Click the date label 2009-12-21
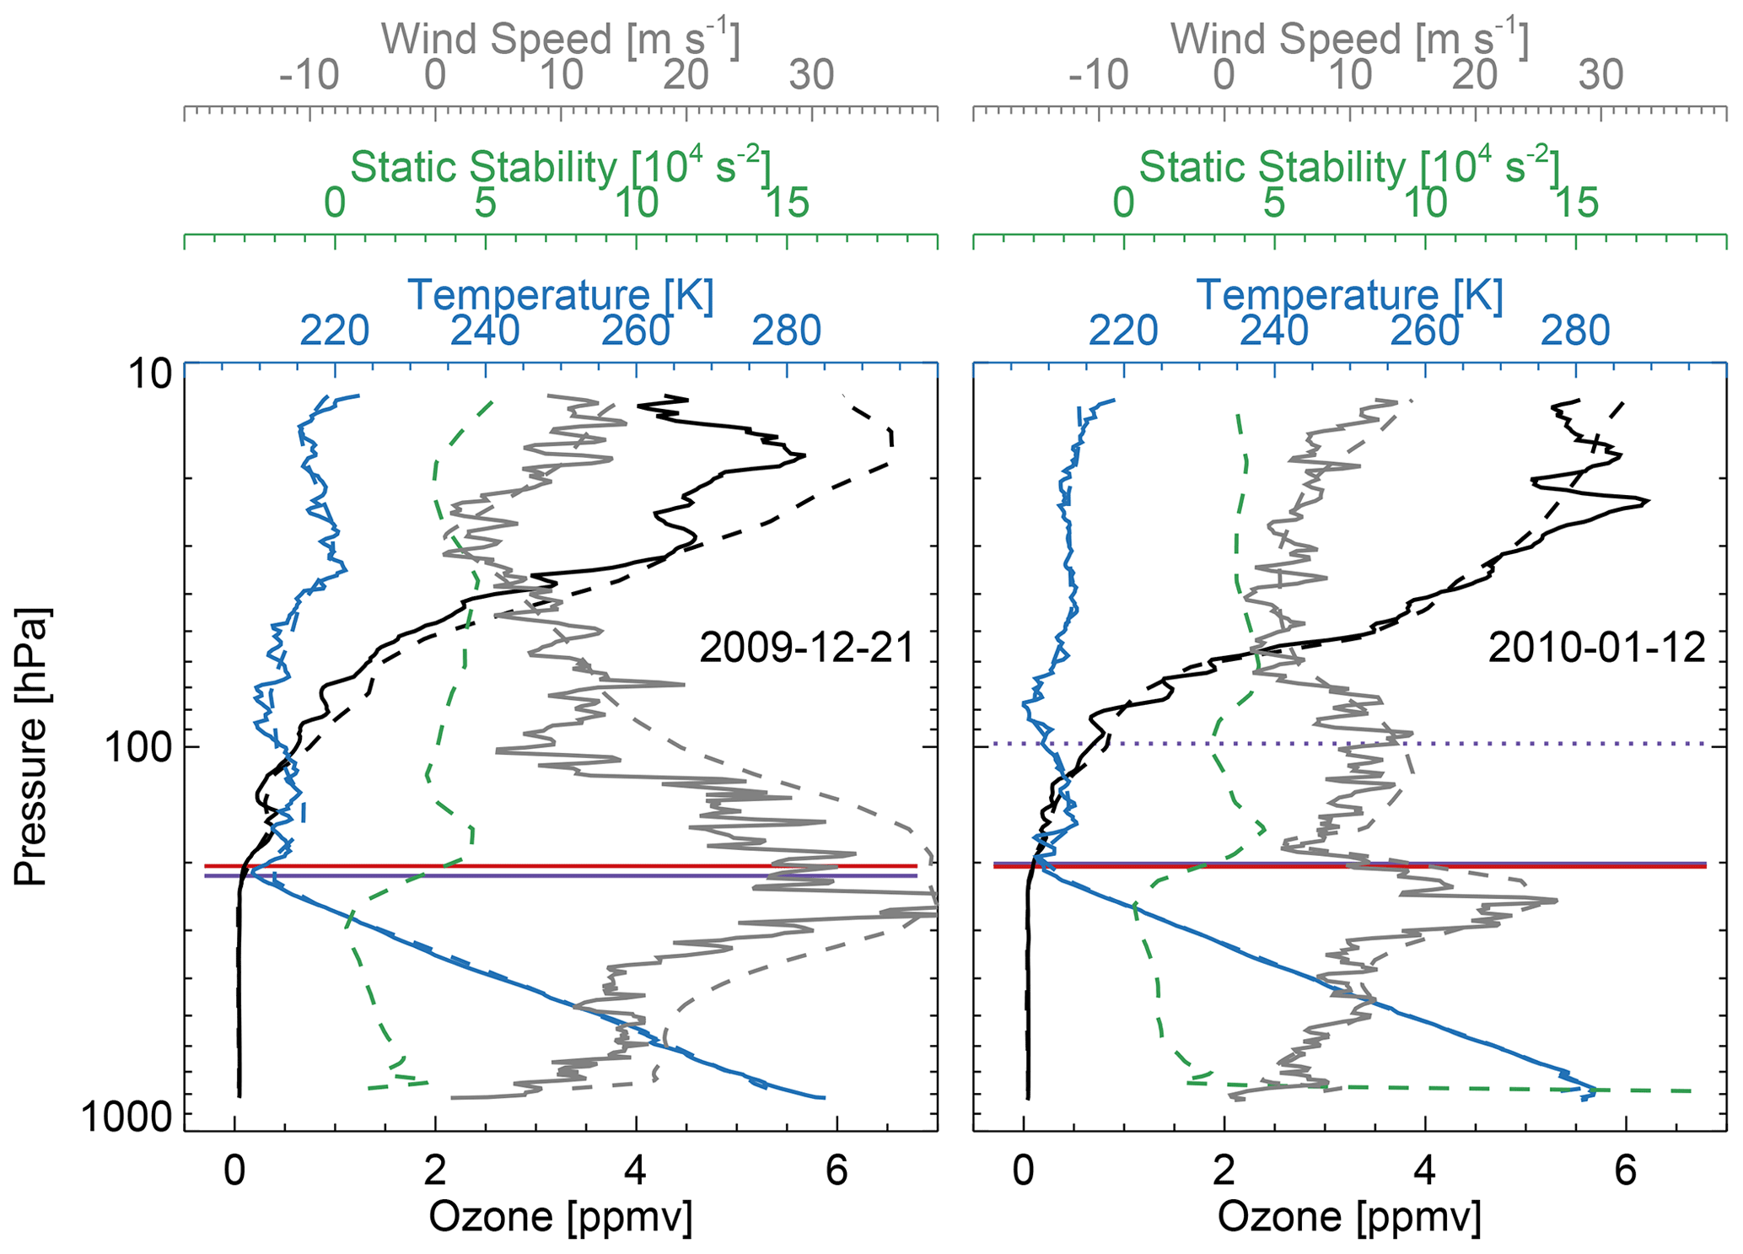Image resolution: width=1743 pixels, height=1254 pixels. (807, 649)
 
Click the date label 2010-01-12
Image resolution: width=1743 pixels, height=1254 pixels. (1596, 649)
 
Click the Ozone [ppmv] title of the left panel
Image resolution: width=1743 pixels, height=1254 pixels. (561, 1217)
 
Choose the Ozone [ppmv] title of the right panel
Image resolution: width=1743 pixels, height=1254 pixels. (1349, 1217)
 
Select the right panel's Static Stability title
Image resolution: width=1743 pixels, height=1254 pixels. (1349, 167)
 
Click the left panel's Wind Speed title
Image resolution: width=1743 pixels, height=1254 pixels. (561, 39)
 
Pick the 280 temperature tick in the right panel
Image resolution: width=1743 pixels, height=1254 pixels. (1575, 331)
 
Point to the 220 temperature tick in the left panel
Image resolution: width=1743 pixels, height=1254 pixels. (335, 331)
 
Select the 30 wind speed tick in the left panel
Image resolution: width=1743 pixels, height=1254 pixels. (811, 76)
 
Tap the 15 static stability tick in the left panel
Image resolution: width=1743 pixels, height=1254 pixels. (786, 203)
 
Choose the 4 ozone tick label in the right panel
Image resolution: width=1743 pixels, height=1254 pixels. (1424, 1172)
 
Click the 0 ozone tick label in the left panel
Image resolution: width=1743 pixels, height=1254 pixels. (234, 1172)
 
